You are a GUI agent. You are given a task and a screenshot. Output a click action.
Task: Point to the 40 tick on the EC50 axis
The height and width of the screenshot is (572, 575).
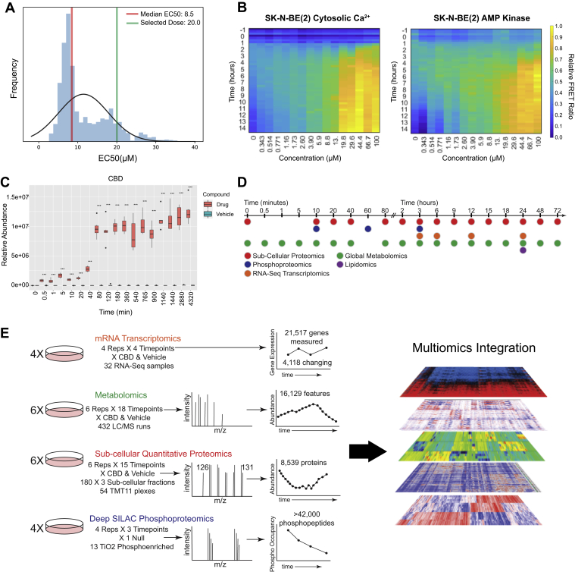pos(195,144)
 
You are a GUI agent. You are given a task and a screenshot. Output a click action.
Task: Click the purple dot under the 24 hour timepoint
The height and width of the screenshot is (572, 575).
pos(523,250)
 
